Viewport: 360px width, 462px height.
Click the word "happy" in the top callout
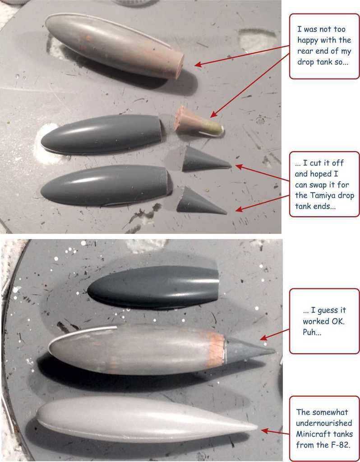pos(308,40)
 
